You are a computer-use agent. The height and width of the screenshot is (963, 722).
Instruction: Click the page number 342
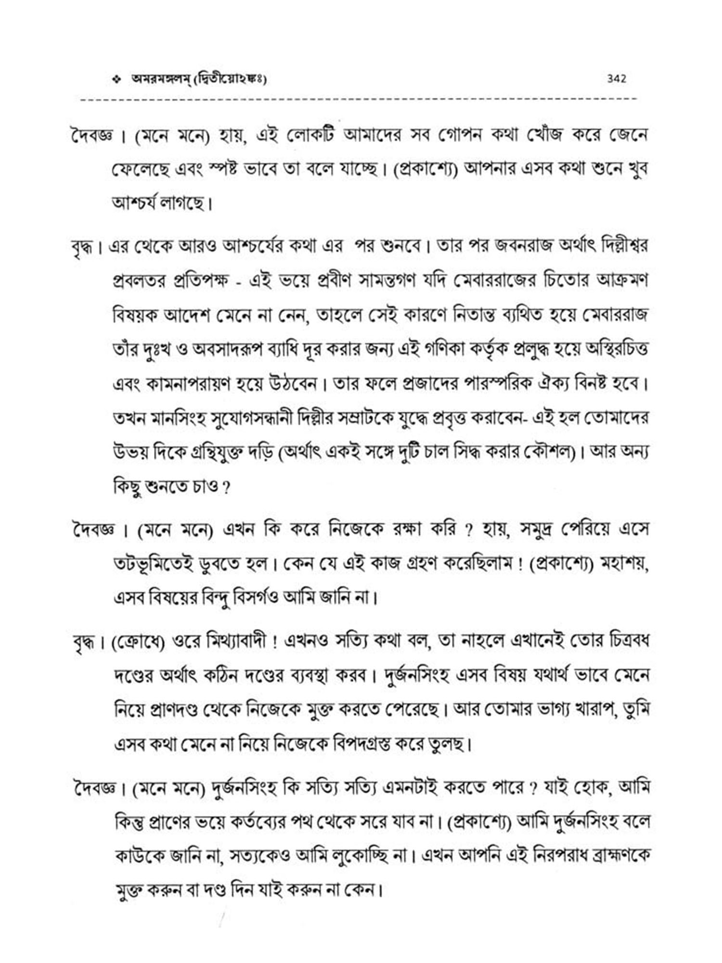[617, 78]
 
